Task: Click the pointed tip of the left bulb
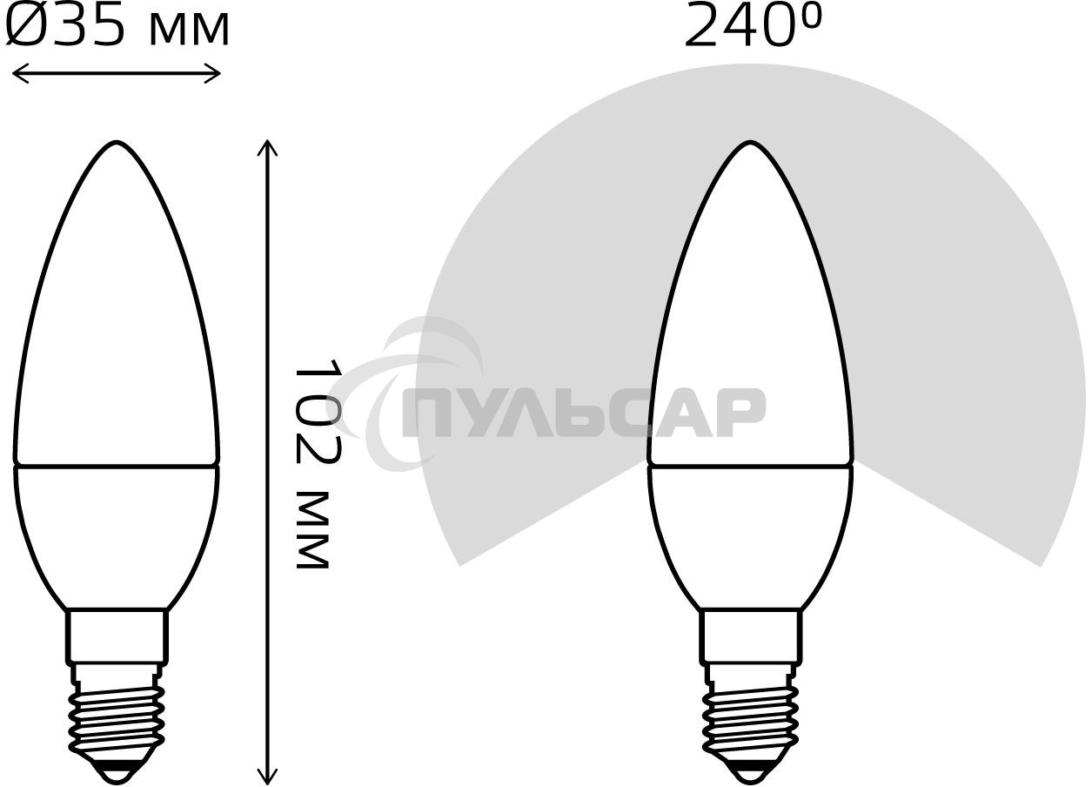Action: point(117,144)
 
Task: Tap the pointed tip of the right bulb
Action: point(750,144)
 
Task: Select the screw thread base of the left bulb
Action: point(117,714)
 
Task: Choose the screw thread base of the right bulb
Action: point(750,714)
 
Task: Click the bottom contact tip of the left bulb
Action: point(117,771)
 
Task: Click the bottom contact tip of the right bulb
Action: point(750,771)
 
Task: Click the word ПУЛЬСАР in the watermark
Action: point(583,413)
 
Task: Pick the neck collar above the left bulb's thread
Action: point(117,636)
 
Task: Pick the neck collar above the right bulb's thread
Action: point(750,636)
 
